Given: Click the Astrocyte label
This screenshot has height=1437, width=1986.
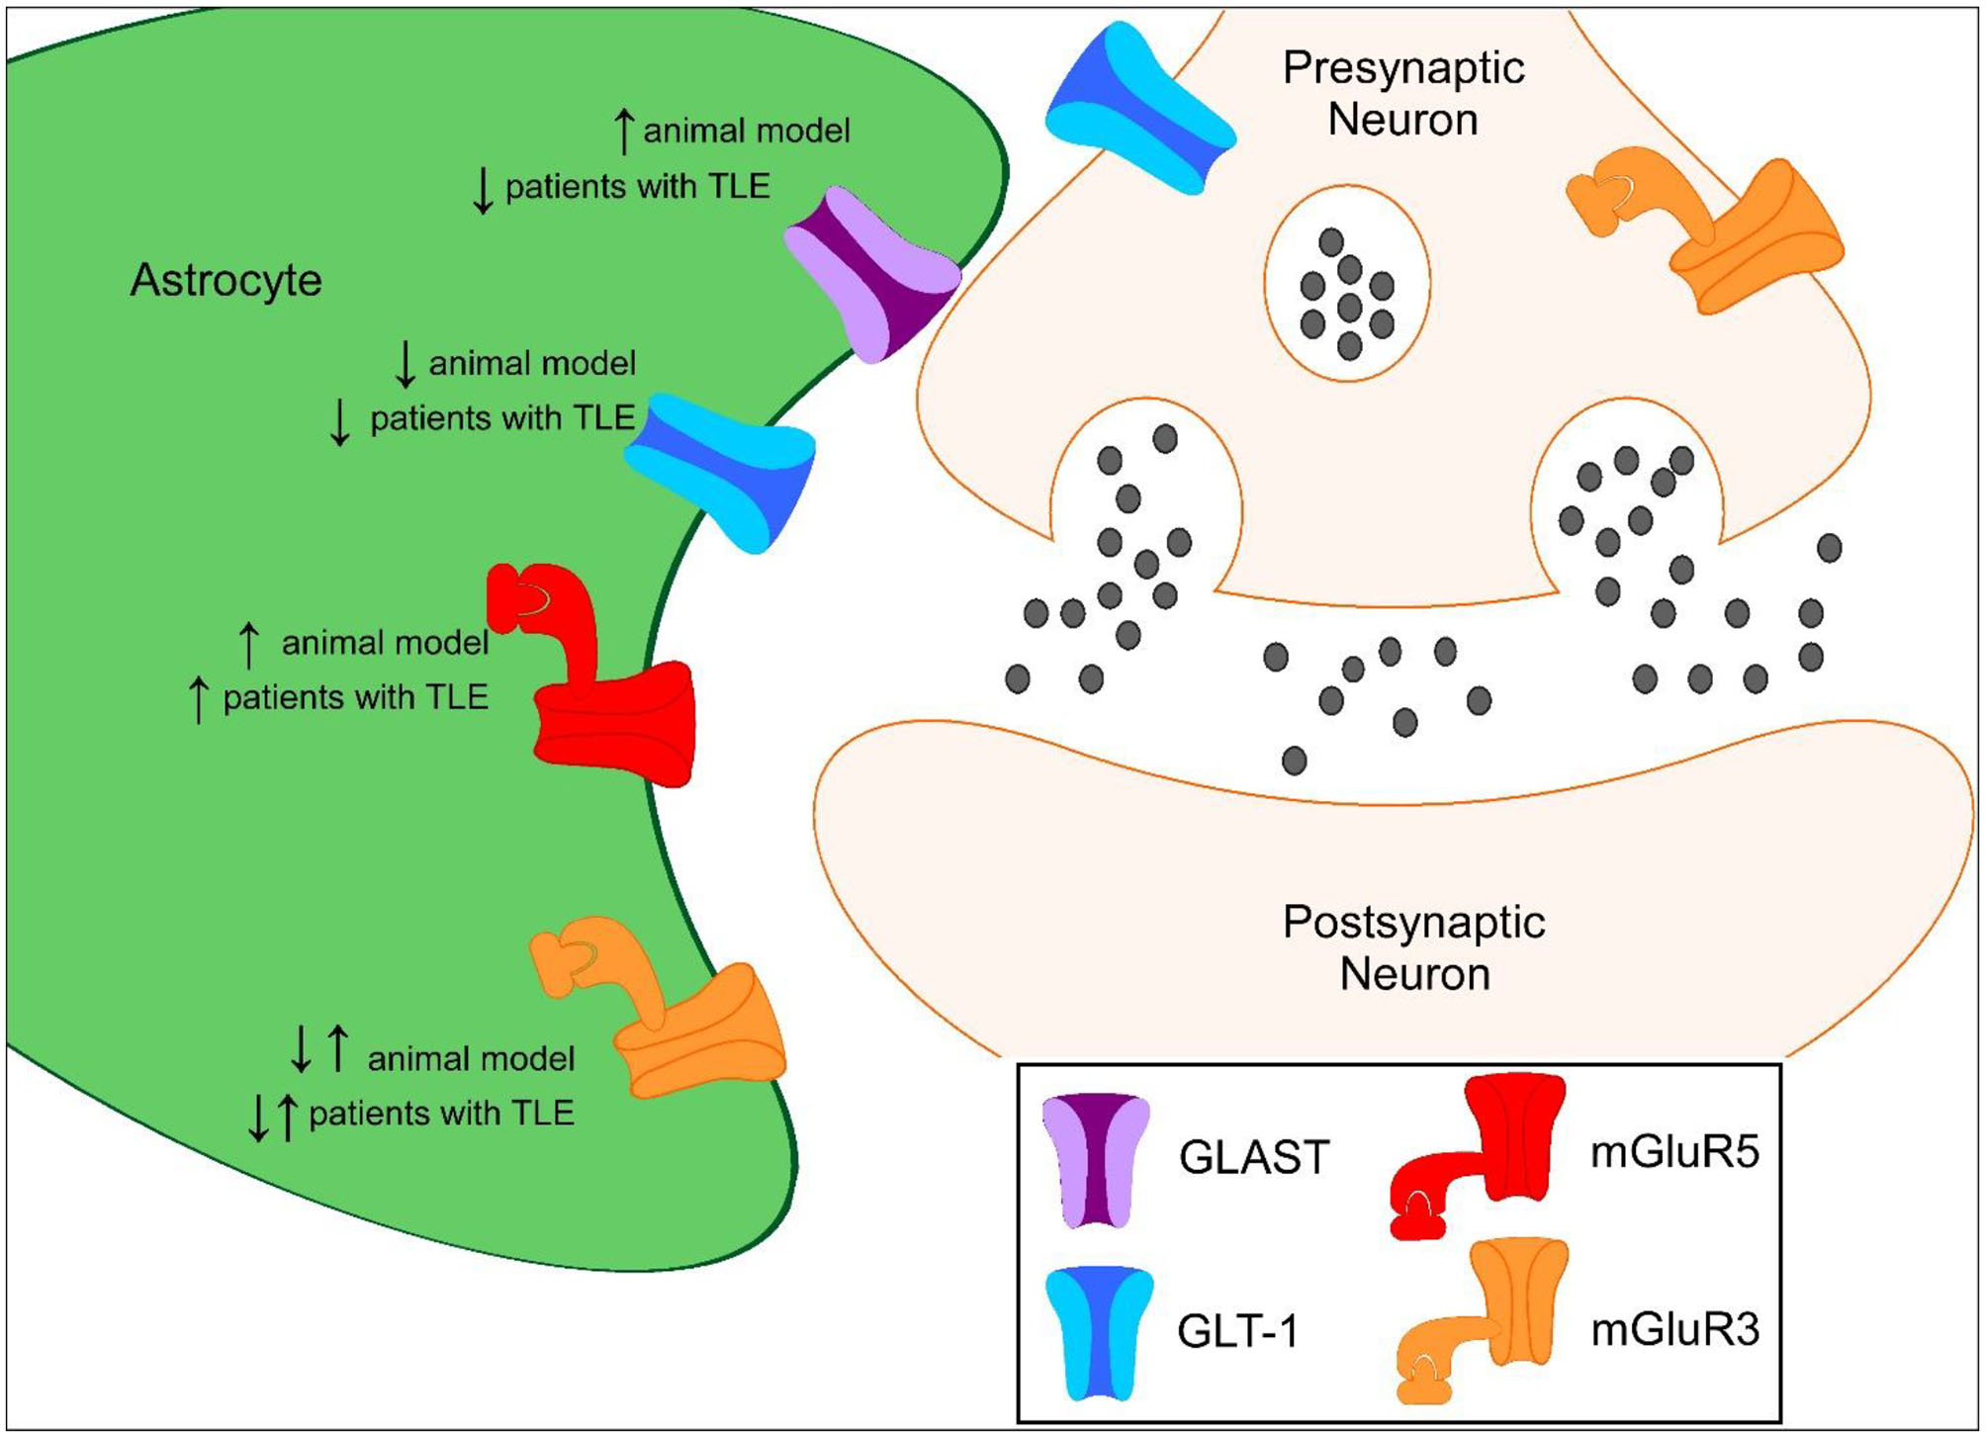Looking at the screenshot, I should tap(226, 280).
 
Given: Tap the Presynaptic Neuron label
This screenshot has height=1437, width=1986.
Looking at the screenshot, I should tap(1402, 94).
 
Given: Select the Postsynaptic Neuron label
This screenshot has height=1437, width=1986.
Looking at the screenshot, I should tap(1413, 947).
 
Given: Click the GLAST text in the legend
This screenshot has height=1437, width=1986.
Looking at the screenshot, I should tap(1253, 1157).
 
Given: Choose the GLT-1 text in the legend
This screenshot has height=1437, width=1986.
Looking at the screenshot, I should tap(1237, 1331).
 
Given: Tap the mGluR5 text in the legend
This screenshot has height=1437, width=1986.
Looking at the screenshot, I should tap(1674, 1152).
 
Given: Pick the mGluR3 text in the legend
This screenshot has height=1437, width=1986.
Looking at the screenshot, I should tap(1674, 1330).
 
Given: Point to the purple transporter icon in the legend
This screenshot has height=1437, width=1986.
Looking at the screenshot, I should tap(1096, 1159).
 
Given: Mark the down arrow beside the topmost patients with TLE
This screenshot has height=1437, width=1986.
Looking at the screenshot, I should tap(483, 190).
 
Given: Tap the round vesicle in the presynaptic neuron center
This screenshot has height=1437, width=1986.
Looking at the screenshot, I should tap(1347, 284).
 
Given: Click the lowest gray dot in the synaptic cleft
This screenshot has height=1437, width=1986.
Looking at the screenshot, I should tap(1294, 761).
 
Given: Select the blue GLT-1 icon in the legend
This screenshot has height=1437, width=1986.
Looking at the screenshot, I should tap(1099, 1332).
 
